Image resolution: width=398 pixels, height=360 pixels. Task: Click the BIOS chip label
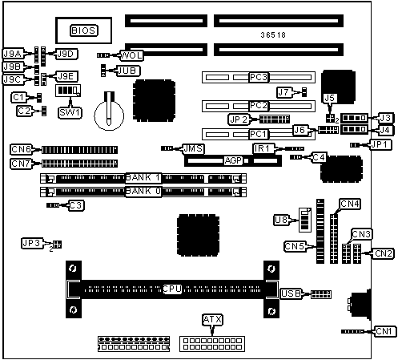(x=84, y=30)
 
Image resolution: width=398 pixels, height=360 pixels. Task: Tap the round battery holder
(x=109, y=115)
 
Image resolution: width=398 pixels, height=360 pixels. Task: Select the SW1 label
(x=70, y=112)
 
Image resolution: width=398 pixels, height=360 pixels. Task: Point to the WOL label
(x=131, y=55)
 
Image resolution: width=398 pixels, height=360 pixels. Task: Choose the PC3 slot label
(x=259, y=77)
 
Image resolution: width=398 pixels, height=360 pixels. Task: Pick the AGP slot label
(x=233, y=160)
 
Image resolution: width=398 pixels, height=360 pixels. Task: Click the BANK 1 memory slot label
(x=143, y=178)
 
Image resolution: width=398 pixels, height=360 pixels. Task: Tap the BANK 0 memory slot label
(x=143, y=192)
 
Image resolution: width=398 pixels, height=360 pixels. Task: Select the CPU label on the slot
(x=172, y=289)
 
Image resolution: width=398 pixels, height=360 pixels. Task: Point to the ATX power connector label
(x=212, y=319)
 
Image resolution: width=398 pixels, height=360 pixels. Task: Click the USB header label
(x=291, y=293)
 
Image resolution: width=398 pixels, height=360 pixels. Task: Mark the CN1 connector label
(x=384, y=331)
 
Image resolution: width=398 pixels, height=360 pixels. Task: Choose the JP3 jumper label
(x=31, y=243)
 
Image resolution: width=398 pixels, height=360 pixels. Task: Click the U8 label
(x=281, y=220)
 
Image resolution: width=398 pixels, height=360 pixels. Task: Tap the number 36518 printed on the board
(x=273, y=35)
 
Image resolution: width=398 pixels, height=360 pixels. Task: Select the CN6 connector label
(x=21, y=149)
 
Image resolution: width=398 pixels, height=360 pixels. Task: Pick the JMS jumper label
(x=193, y=148)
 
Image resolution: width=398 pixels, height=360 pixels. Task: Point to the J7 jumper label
(x=283, y=93)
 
